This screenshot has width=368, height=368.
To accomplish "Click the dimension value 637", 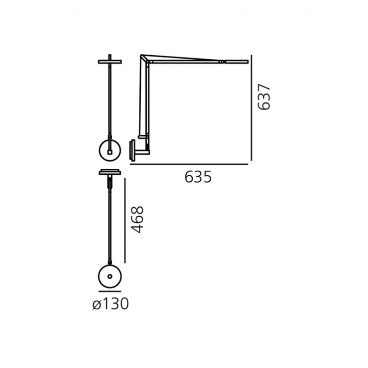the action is tap(264, 97).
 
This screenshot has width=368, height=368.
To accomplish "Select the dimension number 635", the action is tap(198, 177).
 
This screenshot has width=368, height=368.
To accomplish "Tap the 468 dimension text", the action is tap(137, 219).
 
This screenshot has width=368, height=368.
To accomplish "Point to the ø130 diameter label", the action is tap(110, 304).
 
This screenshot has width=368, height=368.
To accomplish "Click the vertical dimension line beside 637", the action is tap(251, 108).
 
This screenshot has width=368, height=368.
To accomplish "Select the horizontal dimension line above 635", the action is tap(189, 164).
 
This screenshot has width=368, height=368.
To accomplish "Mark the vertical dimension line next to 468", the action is tap(125, 220).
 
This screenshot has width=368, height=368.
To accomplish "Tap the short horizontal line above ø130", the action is tap(110, 292).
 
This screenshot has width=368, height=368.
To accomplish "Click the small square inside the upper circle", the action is tap(109, 152).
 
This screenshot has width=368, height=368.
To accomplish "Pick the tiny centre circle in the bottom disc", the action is tap(110, 276).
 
